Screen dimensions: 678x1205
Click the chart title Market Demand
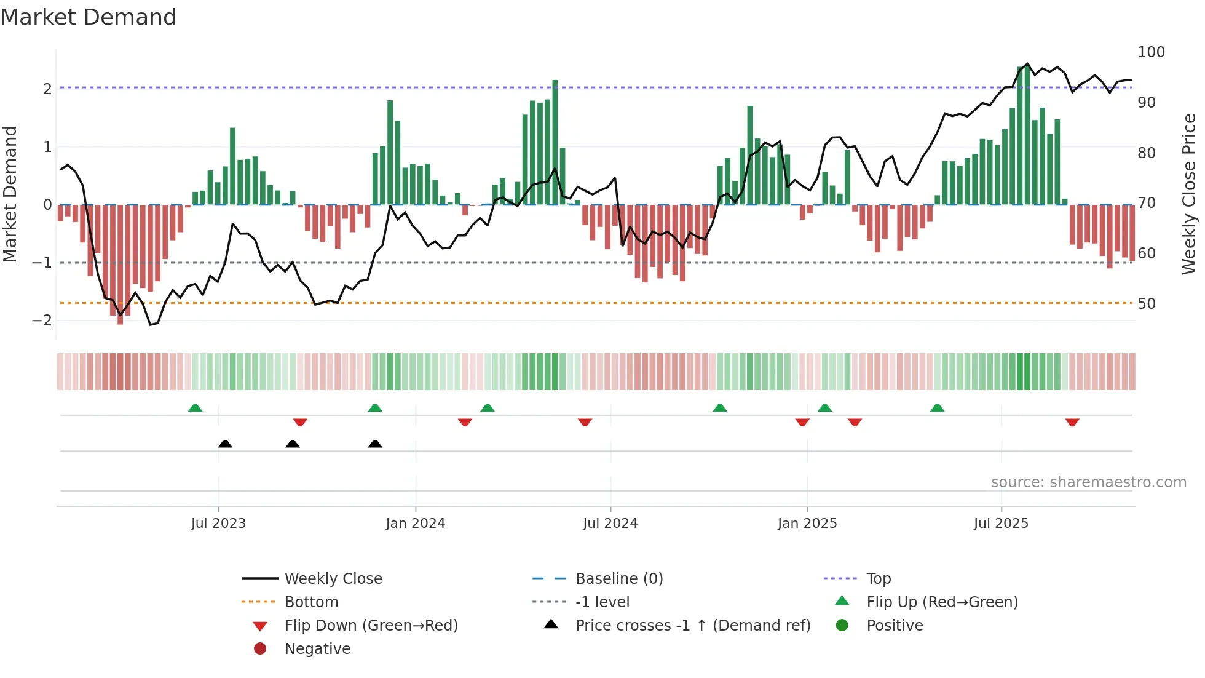pos(89,17)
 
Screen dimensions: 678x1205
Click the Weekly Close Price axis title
pos(1189,194)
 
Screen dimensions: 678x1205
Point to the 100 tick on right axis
pos(1151,52)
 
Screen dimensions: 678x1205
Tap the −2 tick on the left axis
pos(42,321)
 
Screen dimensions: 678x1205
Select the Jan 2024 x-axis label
pos(415,524)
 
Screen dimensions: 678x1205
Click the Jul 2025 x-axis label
pos(1001,524)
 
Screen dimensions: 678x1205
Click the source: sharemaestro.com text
pos(1088,482)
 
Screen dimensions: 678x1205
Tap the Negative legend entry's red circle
pos(260,649)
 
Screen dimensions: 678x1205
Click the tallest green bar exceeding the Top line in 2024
pos(555,142)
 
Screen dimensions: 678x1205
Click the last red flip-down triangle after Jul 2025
pos(1072,423)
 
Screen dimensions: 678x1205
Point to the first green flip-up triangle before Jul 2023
pos(195,408)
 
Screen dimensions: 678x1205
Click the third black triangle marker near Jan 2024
pos(375,444)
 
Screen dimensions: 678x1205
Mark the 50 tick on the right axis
pos(1146,304)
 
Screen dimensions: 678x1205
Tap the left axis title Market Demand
pos(10,194)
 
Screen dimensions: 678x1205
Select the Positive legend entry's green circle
pos(842,626)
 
